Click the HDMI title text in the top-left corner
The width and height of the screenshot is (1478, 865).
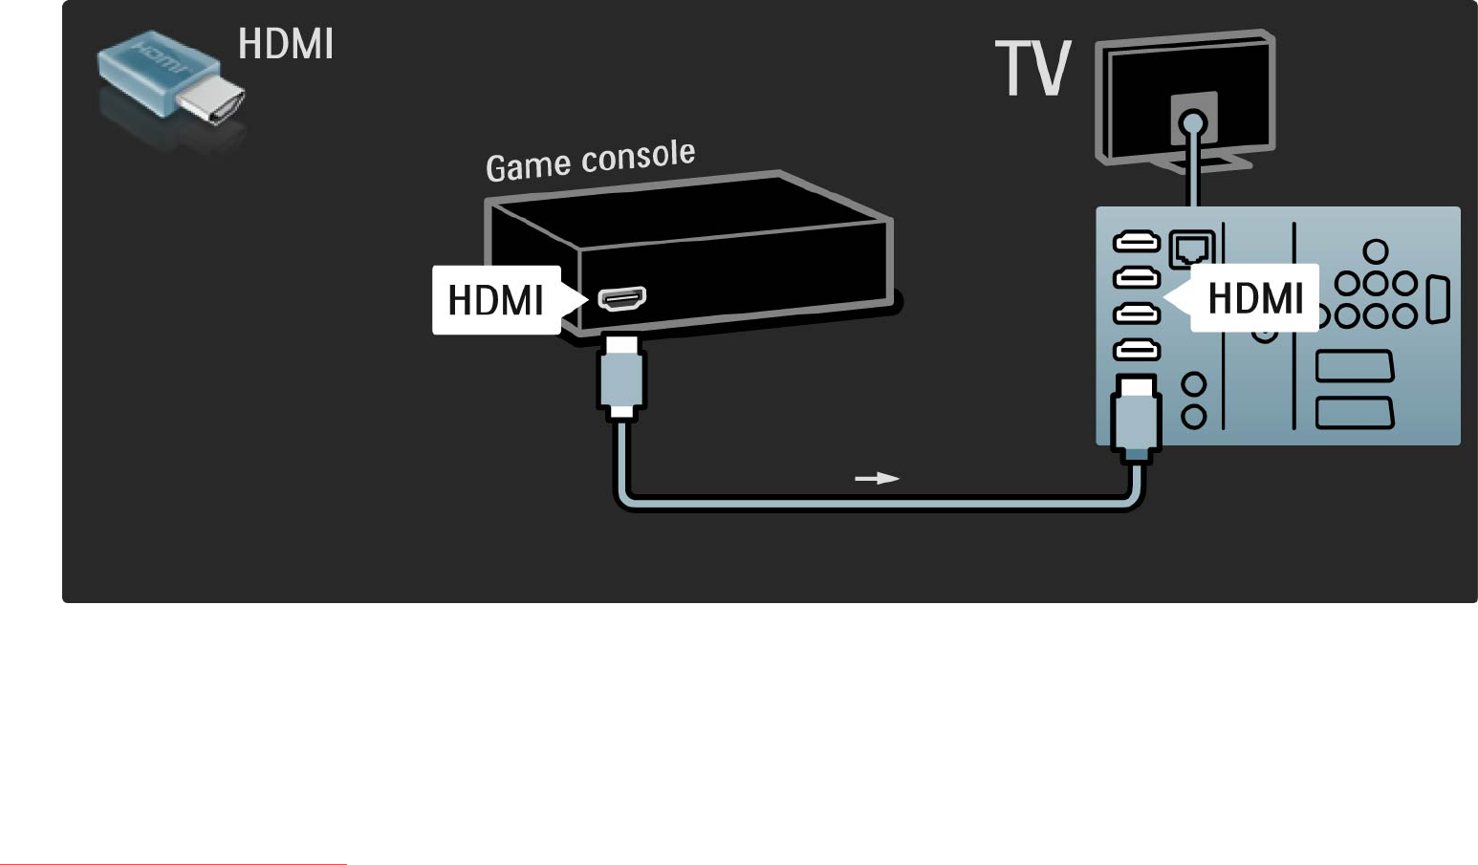coord(286,45)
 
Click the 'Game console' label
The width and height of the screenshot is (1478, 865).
coord(590,160)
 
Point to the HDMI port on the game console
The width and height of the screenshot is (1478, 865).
coord(621,299)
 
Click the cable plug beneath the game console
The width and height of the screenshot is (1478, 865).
coord(621,377)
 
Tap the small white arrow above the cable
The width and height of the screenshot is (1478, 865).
coord(877,478)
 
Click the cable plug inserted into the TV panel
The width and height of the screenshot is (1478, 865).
coord(1136,415)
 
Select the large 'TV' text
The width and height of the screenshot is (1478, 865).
coord(1033,68)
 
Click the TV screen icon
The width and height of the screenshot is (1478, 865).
coord(1185,96)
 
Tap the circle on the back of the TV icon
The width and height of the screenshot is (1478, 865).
coord(1192,122)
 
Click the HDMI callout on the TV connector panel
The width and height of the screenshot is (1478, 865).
coord(1254,298)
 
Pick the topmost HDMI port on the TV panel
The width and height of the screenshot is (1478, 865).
coord(1136,243)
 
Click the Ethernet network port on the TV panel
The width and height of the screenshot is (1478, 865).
coord(1192,249)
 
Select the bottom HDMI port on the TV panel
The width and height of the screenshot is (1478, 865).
coord(1136,351)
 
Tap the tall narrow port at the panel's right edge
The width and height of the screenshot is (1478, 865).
coord(1437,299)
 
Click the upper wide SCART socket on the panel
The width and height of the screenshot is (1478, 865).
coord(1354,367)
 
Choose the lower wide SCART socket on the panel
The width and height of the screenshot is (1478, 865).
coord(1354,413)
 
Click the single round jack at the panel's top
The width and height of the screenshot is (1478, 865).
coord(1375,251)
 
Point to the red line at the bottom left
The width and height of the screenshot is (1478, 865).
coord(173,863)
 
